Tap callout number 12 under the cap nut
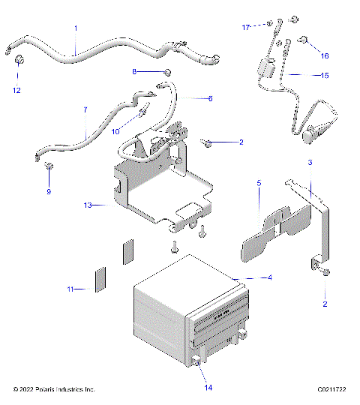pyautogui.click(x=17, y=90)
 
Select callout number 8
pyautogui.click(x=135, y=72)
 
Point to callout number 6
pyautogui.click(x=210, y=98)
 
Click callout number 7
pyautogui.click(x=85, y=110)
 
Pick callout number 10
pyautogui.click(x=116, y=131)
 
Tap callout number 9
pyautogui.click(x=49, y=191)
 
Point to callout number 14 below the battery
pyautogui.click(x=209, y=388)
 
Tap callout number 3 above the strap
pyautogui.click(x=310, y=162)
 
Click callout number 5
pyautogui.click(x=259, y=182)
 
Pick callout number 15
pyautogui.click(x=325, y=75)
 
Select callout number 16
pyautogui.click(x=324, y=55)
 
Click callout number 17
pyautogui.click(x=244, y=27)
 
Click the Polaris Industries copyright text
pyautogui.click(x=54, y=390)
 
